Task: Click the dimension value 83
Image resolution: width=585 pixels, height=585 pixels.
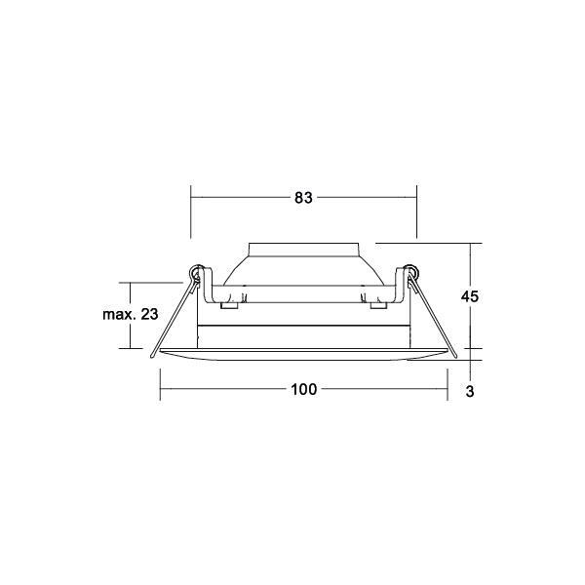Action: [303, 198]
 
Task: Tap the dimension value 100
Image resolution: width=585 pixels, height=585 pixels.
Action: [303, 389]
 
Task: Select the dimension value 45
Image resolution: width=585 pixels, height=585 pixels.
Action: [469, 296]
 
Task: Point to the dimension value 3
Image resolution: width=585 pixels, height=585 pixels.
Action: [470, 391]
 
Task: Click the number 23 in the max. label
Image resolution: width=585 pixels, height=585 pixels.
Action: [149, 314]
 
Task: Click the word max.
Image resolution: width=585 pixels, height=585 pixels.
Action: [119, 315]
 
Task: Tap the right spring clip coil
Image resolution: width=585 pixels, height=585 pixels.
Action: [410, 272]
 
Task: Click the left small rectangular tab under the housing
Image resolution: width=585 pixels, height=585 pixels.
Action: [229, 305]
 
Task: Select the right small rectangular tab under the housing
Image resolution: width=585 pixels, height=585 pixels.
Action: [378, 305]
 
